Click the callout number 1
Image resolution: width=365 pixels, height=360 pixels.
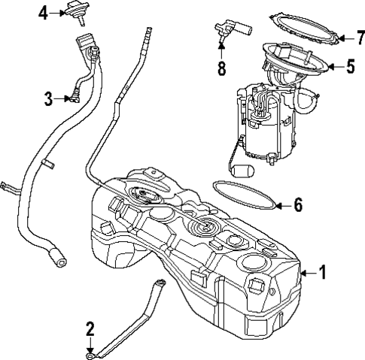click(323, 272)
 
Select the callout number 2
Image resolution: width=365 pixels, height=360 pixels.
click(90, 328)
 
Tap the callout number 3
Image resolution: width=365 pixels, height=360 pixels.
click(48, 97)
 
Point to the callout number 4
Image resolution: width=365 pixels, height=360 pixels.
click(44, 13)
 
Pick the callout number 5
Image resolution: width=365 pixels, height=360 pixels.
click(350, 66)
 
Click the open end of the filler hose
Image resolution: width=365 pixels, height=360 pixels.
click(58, 261)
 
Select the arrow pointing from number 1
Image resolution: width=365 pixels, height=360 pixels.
click(307, 272)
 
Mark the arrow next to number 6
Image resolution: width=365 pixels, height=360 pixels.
click(281, 204)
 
